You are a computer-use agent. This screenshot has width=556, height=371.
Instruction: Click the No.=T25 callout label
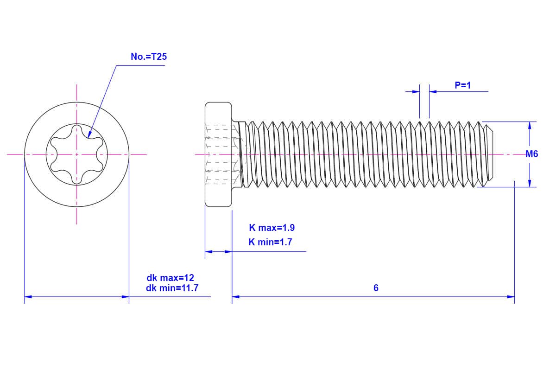148,57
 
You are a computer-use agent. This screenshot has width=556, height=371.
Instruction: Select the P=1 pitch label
462,85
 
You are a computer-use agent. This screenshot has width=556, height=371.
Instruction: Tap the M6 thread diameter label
532,154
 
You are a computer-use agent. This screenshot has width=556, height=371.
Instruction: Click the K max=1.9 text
272,228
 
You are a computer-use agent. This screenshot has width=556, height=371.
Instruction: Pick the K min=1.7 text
270,242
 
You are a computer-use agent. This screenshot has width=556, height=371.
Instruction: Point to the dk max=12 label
170,278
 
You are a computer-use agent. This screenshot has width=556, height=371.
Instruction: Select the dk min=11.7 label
172,288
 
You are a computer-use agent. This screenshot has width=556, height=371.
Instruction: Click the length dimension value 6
376,288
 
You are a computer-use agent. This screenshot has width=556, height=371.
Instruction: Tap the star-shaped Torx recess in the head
77,154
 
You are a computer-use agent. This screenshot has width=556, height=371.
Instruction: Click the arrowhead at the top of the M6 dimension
530,125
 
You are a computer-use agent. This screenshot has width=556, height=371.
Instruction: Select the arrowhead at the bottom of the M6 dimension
530,184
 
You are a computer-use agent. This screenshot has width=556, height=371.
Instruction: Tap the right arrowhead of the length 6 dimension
511,296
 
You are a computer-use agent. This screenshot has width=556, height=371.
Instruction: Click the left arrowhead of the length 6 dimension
235,296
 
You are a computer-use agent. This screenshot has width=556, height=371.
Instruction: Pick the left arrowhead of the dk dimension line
28,296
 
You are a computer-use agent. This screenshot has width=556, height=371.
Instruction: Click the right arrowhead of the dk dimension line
125,296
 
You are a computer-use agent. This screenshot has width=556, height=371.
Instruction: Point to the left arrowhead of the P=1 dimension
416,91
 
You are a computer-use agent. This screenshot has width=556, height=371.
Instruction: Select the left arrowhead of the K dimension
208,252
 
